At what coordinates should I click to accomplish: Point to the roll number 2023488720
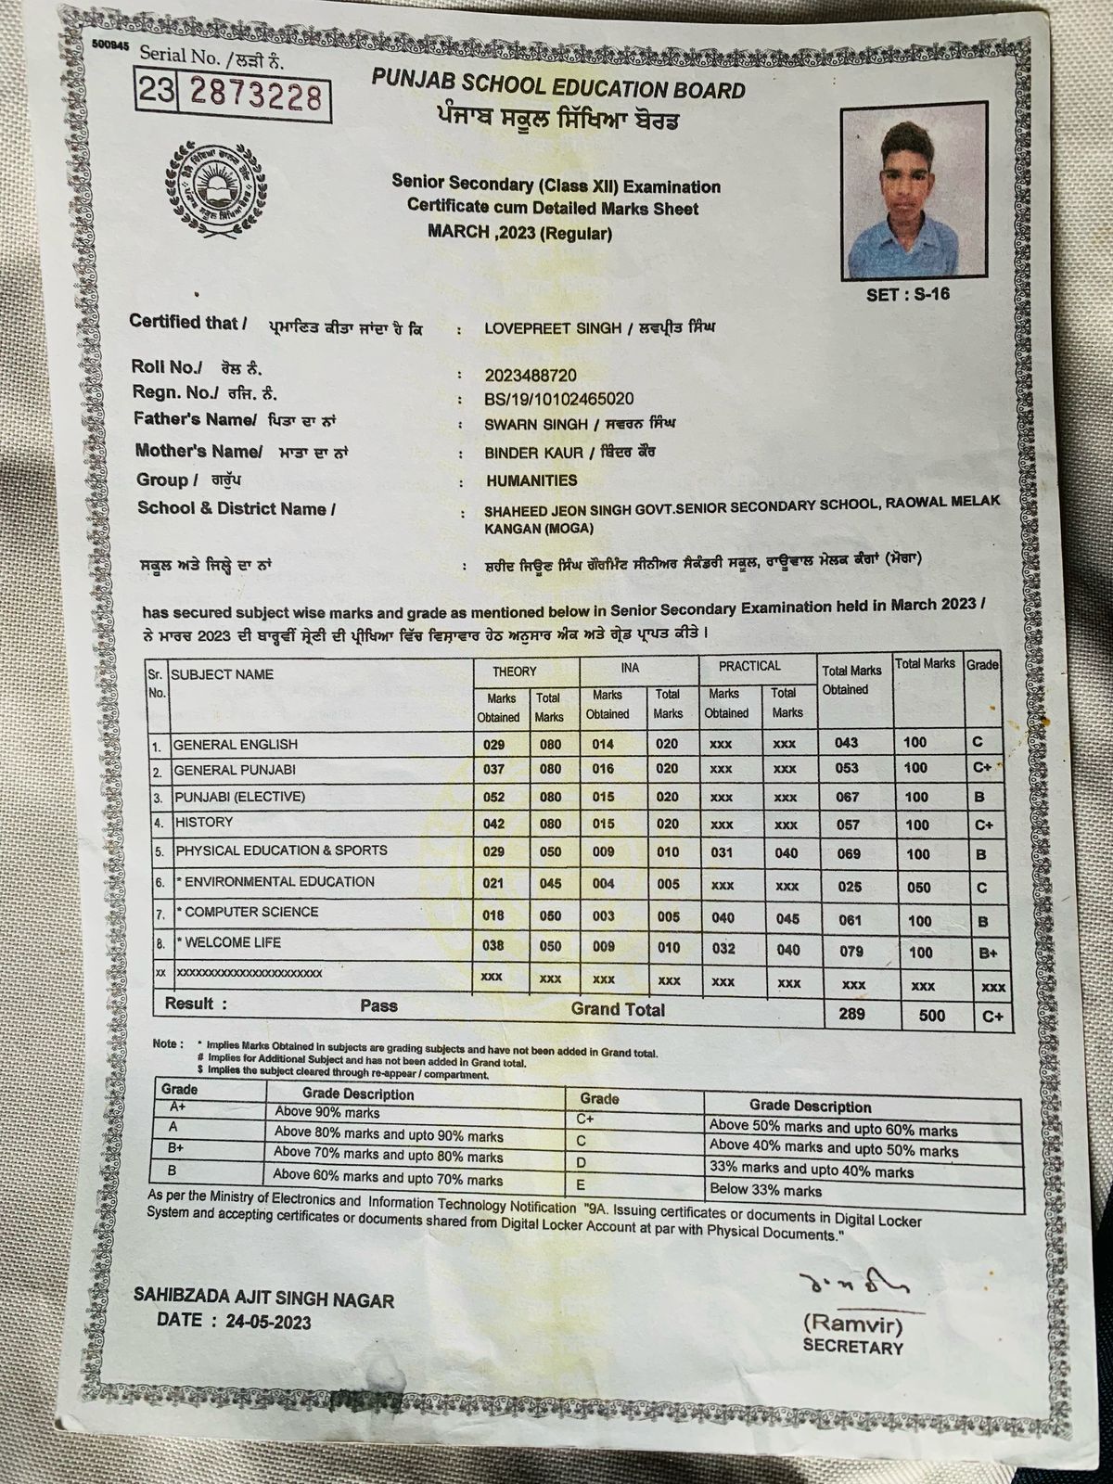pos(531,375)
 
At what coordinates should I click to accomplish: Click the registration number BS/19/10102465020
pos(559,399)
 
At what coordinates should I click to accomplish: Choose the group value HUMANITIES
pos(531,480)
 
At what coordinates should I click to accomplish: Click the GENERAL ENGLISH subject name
pos(236,744)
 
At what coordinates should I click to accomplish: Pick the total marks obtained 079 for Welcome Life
pos(850,951)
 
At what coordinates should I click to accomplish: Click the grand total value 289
pos(851,1015)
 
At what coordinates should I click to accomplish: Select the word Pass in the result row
pos(378,1005)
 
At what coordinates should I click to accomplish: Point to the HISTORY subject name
pos(204,822)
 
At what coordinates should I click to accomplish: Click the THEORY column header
pos(514,671)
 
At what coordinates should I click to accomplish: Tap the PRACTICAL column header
pos(749,666)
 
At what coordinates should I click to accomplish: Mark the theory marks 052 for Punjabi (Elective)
pos(493,797)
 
